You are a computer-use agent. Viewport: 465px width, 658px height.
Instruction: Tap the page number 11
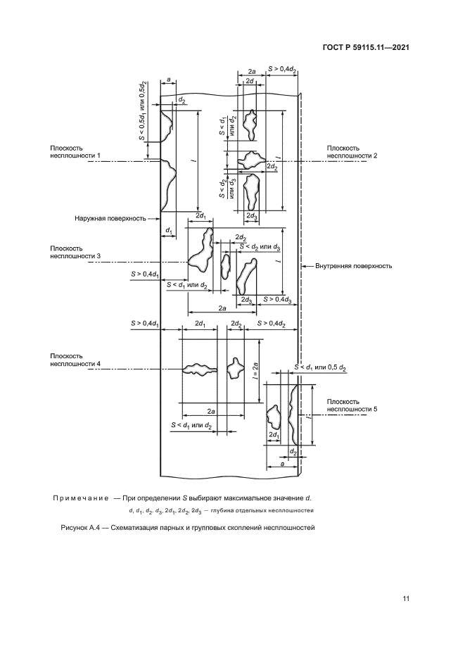point(405,598)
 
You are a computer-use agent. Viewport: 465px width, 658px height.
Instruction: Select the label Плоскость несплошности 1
point(75,152)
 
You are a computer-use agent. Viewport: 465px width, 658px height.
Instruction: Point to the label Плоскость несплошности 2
point(352,152)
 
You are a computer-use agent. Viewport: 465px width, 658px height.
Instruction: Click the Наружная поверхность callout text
point(110,218)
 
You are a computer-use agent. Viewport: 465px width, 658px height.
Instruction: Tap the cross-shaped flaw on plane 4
point(234,367)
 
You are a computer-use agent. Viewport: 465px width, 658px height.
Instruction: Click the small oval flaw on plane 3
point(225,267)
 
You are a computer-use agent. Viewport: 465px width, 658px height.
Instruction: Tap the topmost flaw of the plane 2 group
point(250,125)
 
